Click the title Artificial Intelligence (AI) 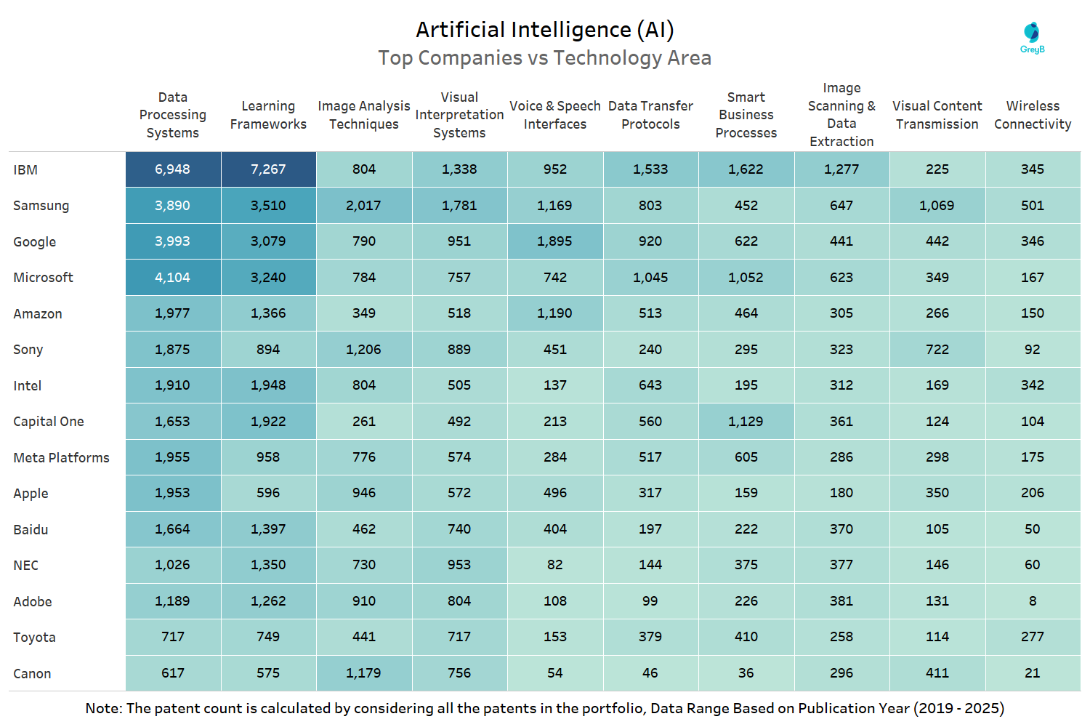coord(544,30)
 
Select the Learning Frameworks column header coord(268,115)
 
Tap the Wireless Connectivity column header coord(1033,115)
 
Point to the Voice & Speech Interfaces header coord(555,115)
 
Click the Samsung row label coord(41,206)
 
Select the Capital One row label coord(49,422)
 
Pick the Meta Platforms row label coord(61,457)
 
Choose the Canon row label coord(32,674)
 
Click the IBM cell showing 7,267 coord(268,169)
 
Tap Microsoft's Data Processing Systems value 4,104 coord(172,278)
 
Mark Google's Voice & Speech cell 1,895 coord(554,241)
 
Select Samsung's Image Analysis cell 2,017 coord(363,206)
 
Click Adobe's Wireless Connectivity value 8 coord(1033,601)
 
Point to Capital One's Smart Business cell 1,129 coord(746,422)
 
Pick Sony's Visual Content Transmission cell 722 coord(937,350)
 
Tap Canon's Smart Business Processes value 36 coord(746,673)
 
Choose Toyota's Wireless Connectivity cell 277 coord(1033,637)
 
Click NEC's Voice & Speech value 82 coord(554,565)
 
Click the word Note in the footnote coord(102,708)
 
